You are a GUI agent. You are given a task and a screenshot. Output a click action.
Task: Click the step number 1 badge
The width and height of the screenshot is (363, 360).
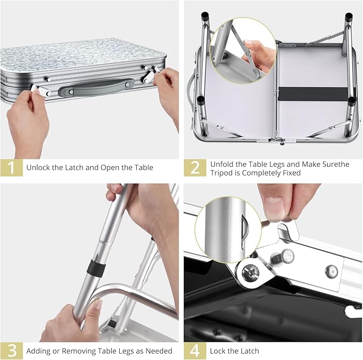pos(11,167)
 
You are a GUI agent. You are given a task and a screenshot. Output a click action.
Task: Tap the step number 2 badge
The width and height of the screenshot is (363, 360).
pos(195,167)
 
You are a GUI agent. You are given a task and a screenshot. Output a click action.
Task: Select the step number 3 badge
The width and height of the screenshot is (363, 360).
pos(11,350)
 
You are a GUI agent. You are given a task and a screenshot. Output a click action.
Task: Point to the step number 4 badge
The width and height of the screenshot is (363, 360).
pos(195,350)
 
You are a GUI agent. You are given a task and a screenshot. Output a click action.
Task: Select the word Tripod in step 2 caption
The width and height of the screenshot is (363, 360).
pos(223,173)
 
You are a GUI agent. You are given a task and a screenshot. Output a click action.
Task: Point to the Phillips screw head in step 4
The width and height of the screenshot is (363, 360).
pos(252,273)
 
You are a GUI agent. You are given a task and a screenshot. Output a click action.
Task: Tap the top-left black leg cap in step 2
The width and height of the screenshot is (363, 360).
pos(204,17)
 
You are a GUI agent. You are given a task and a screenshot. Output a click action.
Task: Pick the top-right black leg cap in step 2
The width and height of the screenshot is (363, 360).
pos(349,17)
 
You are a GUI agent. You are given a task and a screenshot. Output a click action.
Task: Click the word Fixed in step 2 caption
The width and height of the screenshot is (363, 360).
pos(289,173)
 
